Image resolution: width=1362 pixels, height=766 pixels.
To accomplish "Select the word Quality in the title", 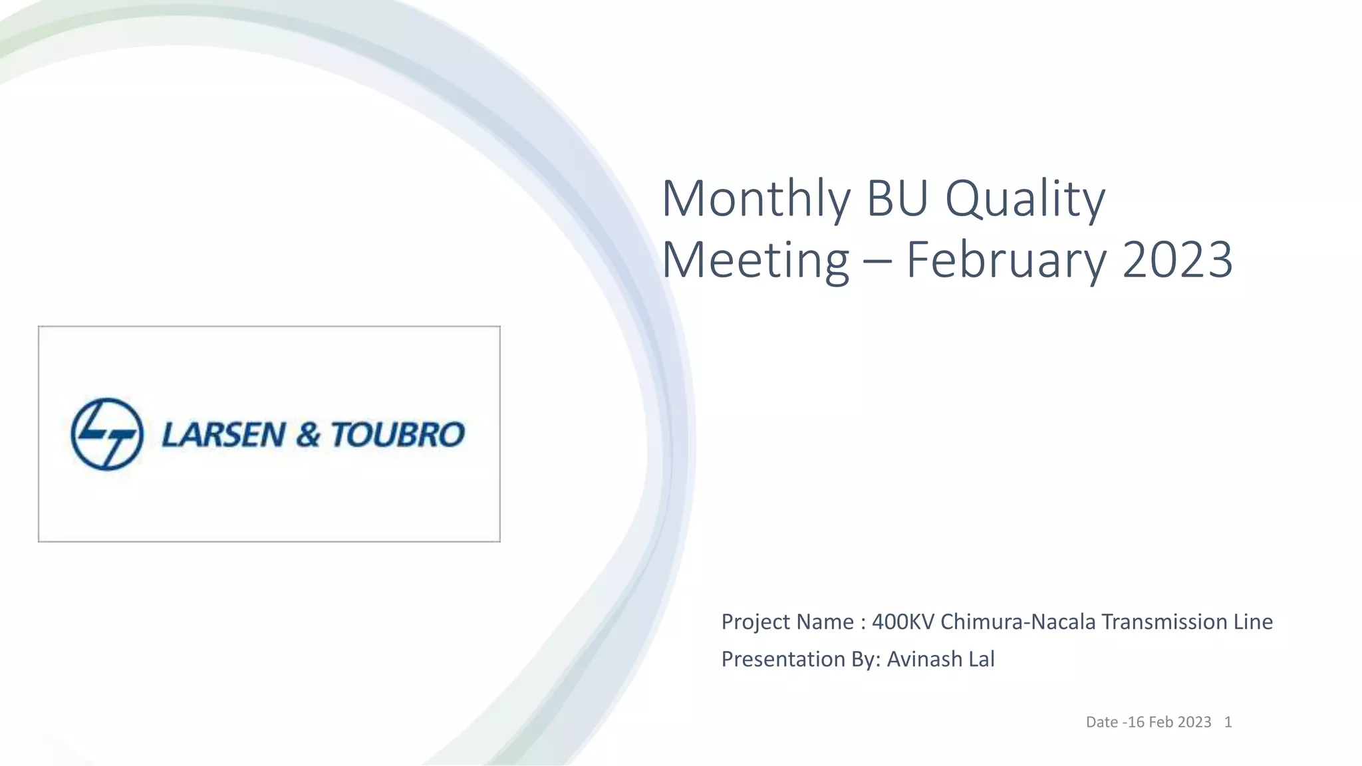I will pos(1025,199).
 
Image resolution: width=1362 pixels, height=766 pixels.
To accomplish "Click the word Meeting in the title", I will pos(755,260).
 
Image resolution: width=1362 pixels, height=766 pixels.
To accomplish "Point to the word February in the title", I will pos(1006,260).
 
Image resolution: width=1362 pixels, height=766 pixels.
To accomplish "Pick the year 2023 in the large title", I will pos(1178,260).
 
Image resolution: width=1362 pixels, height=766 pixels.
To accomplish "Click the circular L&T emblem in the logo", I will pos(107,434).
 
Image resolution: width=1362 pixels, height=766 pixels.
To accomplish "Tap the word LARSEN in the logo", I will pos(223,435).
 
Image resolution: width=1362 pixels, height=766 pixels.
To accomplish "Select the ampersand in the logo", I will pos(308,435).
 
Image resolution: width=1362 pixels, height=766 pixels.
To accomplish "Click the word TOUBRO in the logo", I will pos(398,435).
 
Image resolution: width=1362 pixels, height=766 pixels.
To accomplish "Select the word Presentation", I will pos(774,659).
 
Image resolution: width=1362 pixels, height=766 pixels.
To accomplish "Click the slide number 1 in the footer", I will pos(1228,722).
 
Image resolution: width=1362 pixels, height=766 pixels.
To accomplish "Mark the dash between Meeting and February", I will pos(877,261).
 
